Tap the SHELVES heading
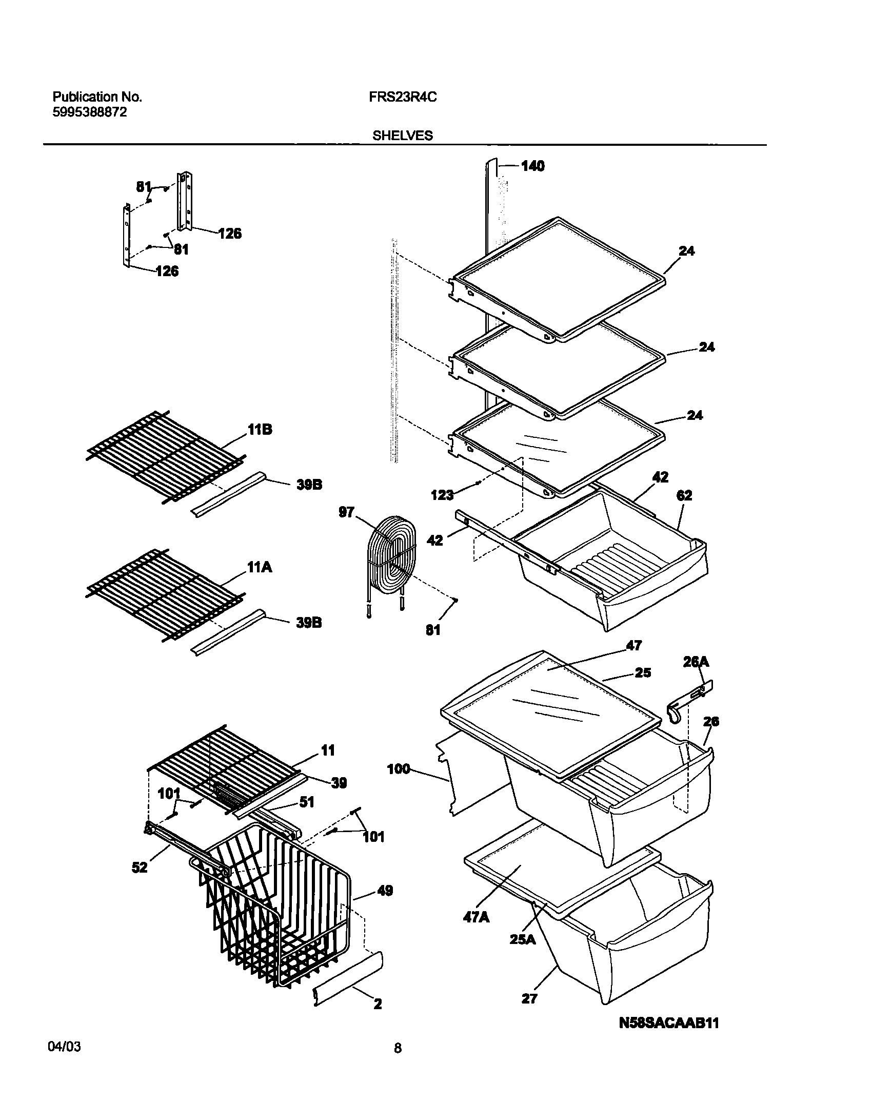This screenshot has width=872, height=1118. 402,136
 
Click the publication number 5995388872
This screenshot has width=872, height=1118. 90,112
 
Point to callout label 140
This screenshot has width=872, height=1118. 532,166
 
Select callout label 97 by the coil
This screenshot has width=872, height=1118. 347,512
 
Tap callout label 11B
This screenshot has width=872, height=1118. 260,430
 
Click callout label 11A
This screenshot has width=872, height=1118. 260,567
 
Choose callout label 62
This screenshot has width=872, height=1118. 684,495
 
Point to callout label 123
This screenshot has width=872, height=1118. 442,495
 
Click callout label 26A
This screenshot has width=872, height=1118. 696,662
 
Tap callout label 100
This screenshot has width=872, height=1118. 399,768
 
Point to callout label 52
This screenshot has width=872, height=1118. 140,867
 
